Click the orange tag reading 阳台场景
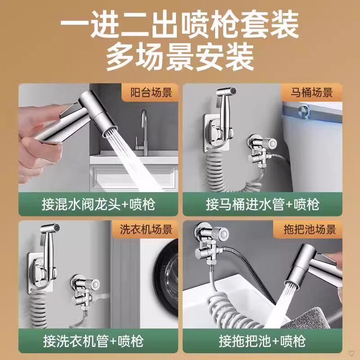tap(150, 93)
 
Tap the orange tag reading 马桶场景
tap(311, 93)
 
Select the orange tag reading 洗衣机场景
tap(145, 229)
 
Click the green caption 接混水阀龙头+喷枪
tap(98, 204)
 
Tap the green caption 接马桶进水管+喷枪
tap(262, 204)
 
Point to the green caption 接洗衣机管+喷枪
tap(93, 341)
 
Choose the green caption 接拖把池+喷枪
tap(262, 341)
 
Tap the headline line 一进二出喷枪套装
tap(180, 25)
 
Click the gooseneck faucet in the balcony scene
tap(143, 132)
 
